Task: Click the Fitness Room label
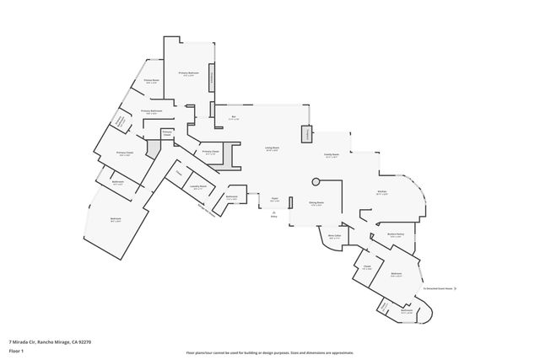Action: [x=152, y=82]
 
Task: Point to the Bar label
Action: [x=233, y=117]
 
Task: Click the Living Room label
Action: [x=272, y=148]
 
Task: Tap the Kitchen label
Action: [x=381, y=192]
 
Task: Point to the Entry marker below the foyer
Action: [x=273, y=216]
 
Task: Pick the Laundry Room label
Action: [x=197, y=187]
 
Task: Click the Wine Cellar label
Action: [x=334, y=237]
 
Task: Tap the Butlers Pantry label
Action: [x=395, y=235]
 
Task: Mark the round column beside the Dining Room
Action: [x=316, y=180]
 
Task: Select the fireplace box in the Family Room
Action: [x=307, y=134]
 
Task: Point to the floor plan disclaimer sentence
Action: [x=270, y=352]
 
